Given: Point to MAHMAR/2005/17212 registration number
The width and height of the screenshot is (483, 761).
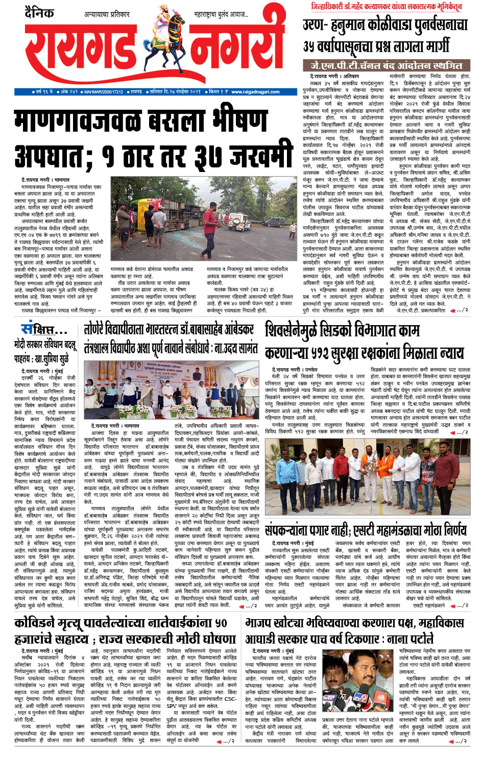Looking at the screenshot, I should click(x=104, y=92).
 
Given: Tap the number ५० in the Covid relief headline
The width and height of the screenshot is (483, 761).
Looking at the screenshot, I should click(x=221, y=623).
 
